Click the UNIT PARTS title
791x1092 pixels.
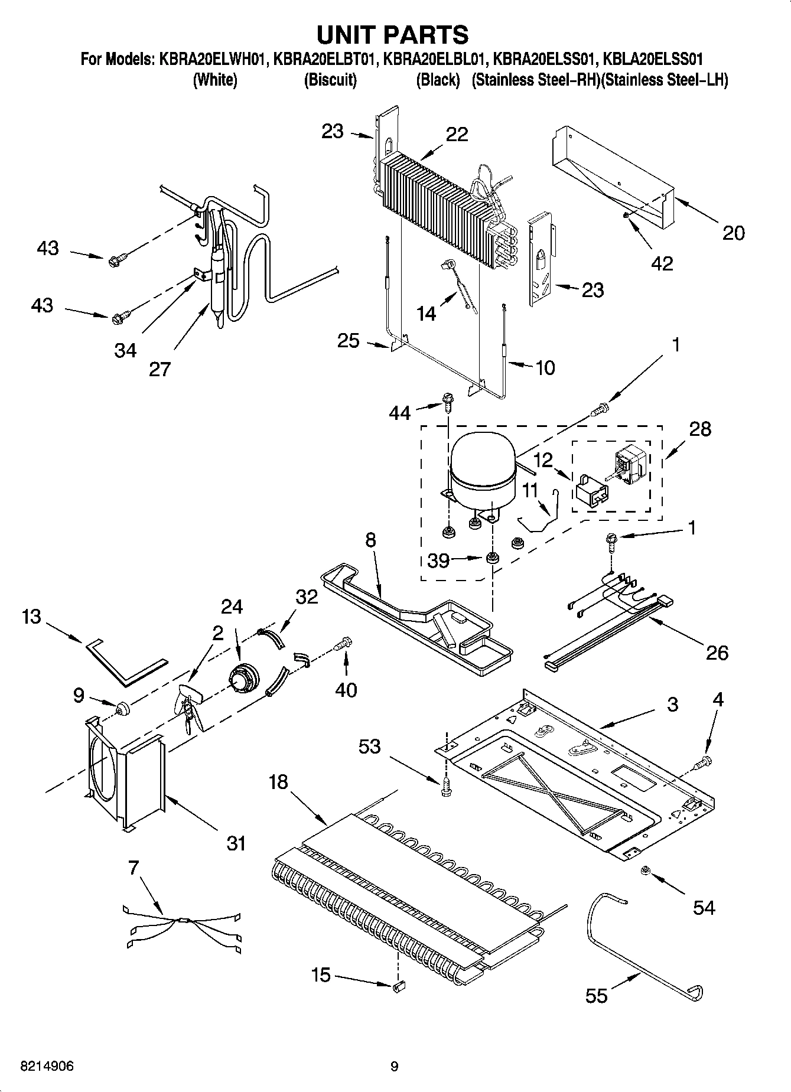393,35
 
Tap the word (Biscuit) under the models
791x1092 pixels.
330,80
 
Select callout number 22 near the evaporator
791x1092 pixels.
457,134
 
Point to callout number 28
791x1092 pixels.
700,429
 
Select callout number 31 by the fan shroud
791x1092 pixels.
236,843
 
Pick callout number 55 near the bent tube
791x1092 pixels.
596,996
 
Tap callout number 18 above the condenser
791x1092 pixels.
278,782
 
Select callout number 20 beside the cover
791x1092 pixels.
733,233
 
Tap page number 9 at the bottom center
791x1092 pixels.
395,1067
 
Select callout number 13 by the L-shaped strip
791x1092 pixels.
31,617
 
